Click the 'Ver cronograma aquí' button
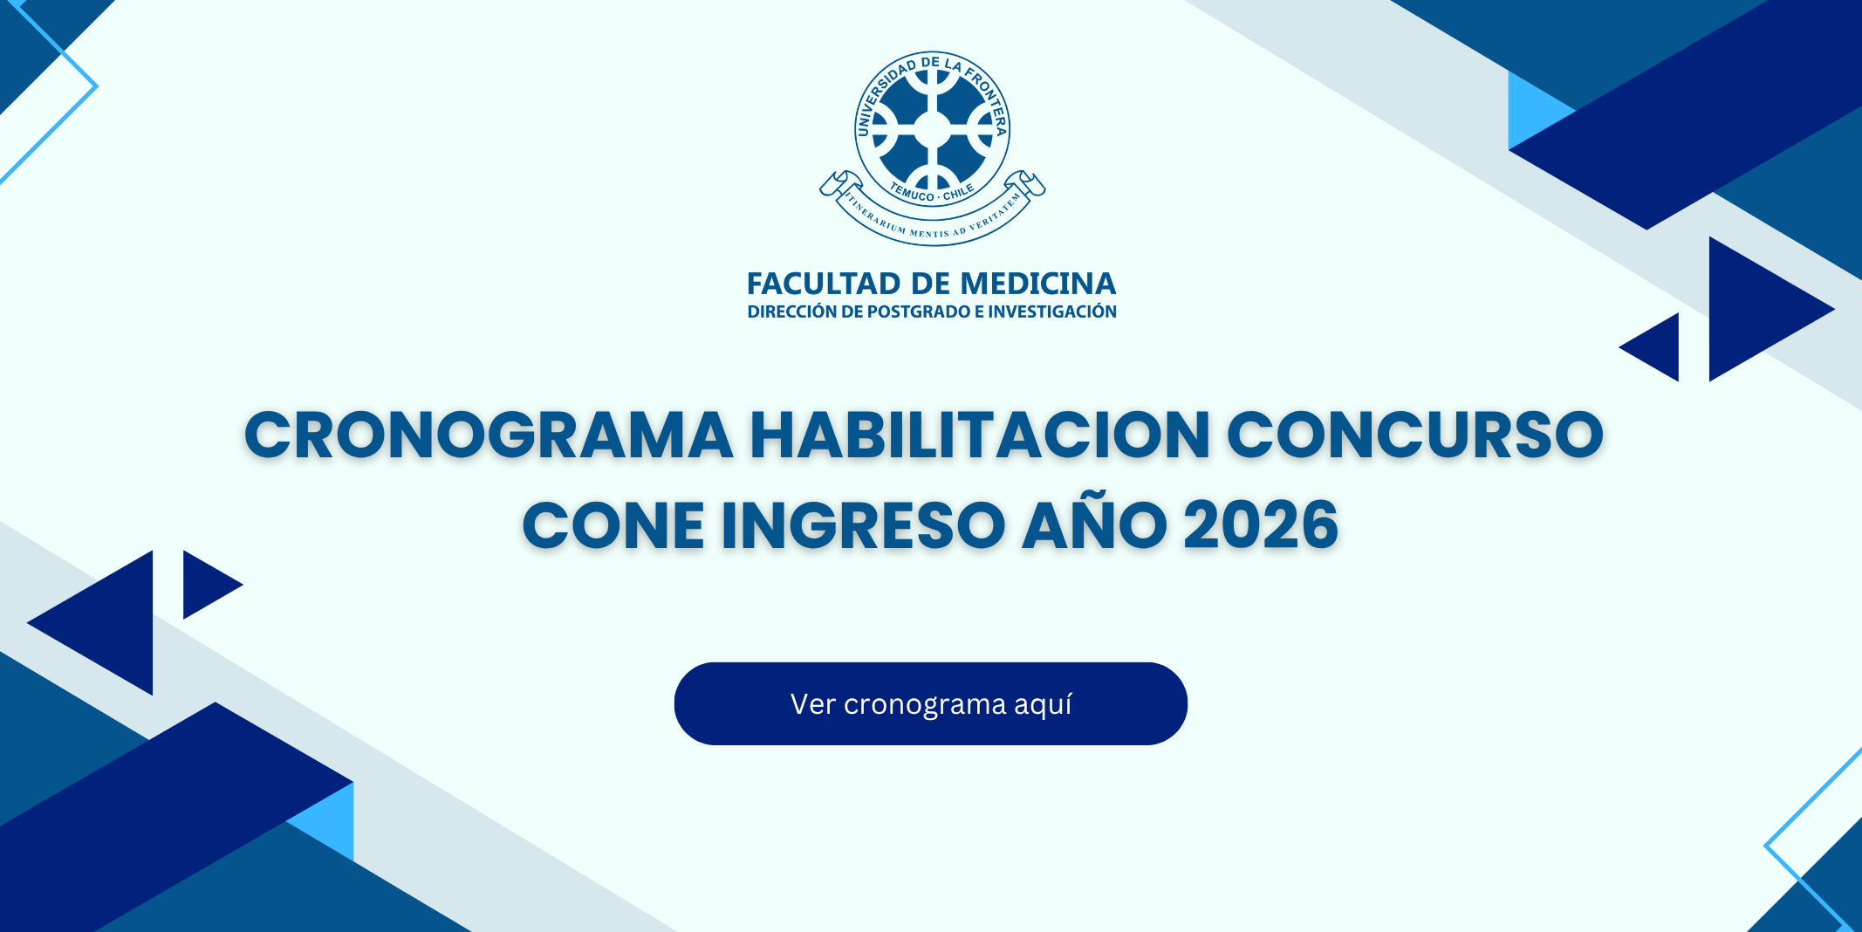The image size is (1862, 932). point(930,703)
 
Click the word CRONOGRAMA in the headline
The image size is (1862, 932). point(489,435)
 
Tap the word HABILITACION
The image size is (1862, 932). point(980,435)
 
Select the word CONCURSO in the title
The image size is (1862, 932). point(1415,435)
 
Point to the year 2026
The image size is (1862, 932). point(1261,525)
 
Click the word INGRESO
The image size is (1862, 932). point(864,525)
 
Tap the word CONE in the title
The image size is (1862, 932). point(613,525)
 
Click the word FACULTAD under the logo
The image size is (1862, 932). point(824,284)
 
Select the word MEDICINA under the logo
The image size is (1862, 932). point(1038,284)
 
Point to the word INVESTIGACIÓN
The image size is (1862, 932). point(1052,312)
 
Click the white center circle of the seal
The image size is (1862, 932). point(932,129)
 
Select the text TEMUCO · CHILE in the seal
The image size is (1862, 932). point(932,193)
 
